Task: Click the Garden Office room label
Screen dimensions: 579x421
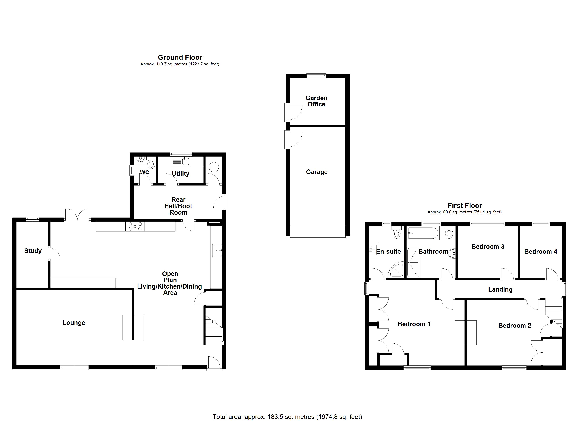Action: tap(316, 101)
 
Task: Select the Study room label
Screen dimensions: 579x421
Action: tap(33, 251)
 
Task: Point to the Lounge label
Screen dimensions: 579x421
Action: tap(74, 323)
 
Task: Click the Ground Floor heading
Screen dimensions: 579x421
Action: tap(180, 57)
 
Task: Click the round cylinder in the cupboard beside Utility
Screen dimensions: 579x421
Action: tap(214, 167)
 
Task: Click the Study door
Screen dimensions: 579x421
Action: tap(54, 253)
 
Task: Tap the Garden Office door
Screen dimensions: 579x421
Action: tap(294, 112)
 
